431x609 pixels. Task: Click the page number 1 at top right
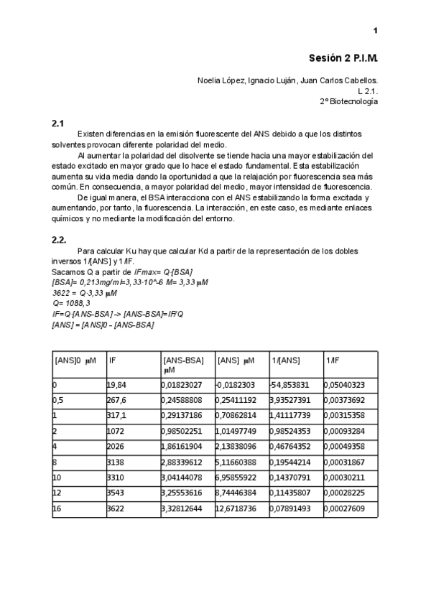(376, 30)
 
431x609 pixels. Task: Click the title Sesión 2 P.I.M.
(343, 57)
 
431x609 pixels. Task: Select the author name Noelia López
(220, 80)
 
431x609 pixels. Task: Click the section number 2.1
(58, 124)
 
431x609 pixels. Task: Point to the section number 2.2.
(60, 239)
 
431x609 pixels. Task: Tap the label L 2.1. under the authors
(367, 91)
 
